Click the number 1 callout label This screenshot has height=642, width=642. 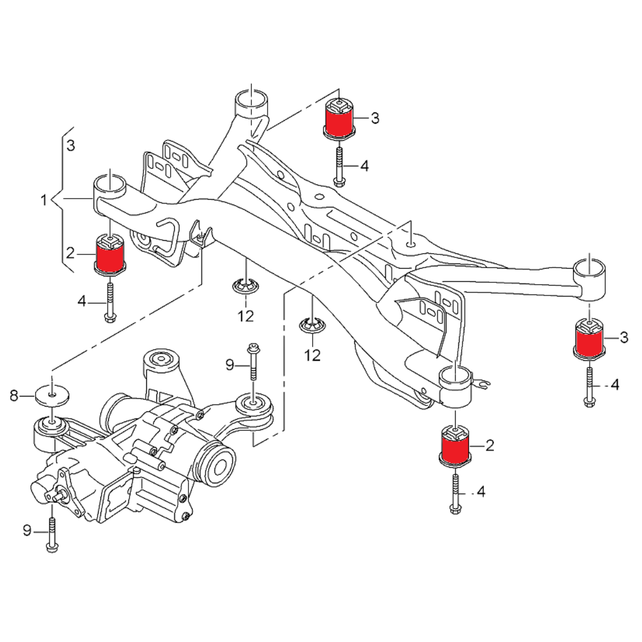pyautogui.click(x=43, y=201)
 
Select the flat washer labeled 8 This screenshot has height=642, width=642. pyautogui.click(x=52, y=394)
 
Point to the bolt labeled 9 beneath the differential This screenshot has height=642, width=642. pyautogui.click(x=52, y=534)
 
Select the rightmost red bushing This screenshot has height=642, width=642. pyautogui.click(x=588, y=338)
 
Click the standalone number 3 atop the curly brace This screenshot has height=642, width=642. pyautogui.click(x=71, y=145)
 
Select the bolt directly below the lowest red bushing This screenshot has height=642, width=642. pyautogui.click(x=455, y=492)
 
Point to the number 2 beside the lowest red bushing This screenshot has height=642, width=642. pyautogui.click(x=489, y=445)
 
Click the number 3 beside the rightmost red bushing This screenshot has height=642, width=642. pyautogui.click(x=624, y=338)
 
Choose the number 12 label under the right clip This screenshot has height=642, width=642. pyautogui.click(x=312, y=355)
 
